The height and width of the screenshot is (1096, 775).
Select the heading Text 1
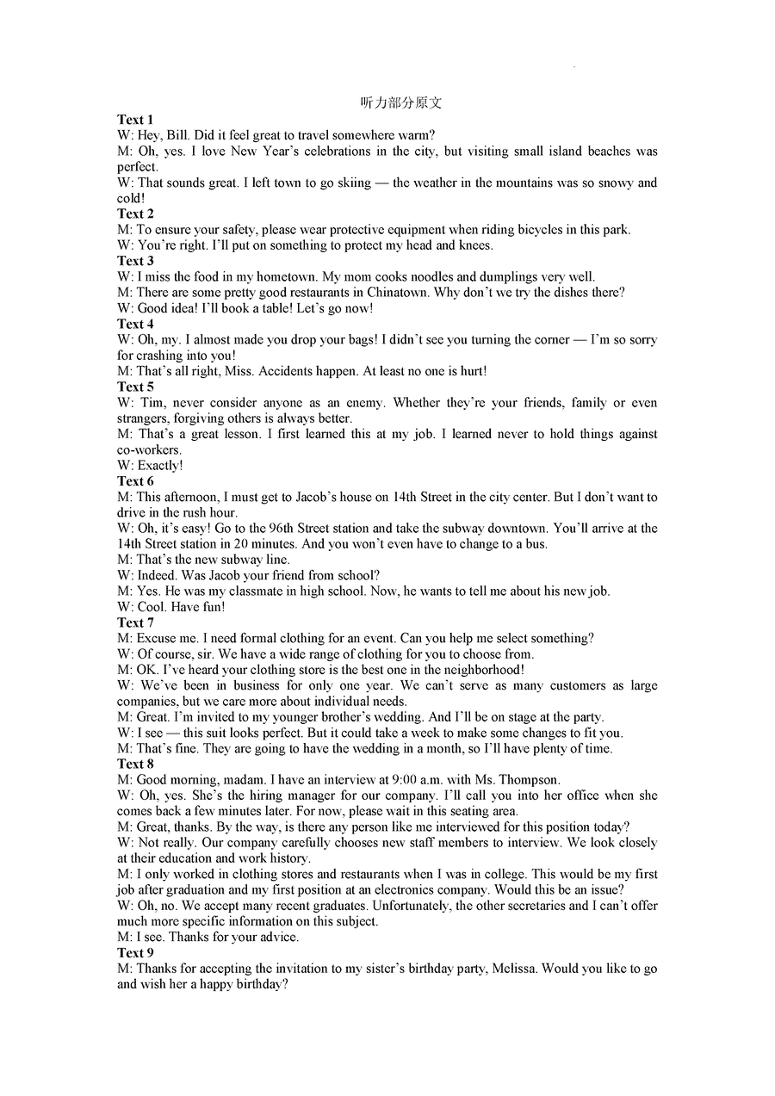tap(135, 120)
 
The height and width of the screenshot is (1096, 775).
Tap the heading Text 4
tap(135, 324)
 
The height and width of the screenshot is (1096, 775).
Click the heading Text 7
tap(135, 622)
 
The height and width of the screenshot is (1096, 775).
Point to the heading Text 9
tap(135, 953)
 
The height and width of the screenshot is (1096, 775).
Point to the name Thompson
tap(525, 780)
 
